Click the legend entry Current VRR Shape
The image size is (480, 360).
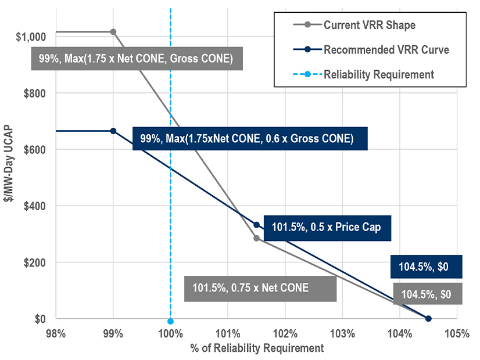point(369,25)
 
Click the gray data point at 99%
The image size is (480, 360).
point(113,32)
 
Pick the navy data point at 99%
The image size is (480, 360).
point(113,131)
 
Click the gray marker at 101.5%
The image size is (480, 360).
point(256,238)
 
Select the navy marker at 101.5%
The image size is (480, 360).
point(256,225)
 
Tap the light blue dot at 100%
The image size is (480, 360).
point(170,321)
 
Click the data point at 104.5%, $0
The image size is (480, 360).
point(428,318)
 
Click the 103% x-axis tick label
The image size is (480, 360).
point(342,334)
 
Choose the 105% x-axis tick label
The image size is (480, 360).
point(456,334)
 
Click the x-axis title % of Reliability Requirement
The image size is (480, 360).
point(256,348)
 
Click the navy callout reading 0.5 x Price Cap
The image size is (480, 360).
point(327,227)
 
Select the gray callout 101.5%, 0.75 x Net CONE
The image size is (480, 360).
point(260,288)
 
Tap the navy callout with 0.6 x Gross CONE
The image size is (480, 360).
point(250,139)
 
